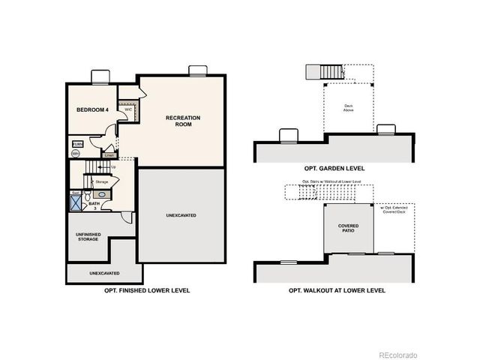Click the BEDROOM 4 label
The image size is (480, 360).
pos(92,110)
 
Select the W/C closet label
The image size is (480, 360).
pos(128,109)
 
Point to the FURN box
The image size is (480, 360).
pos(77,143)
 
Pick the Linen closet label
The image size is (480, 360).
pos(109,155)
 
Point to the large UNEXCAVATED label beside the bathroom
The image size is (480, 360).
pos(181,215)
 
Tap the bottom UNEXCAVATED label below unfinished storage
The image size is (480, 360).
pos(103,273)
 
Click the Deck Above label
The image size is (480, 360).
pos(349,108)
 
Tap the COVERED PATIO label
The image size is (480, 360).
pos(347,228)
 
